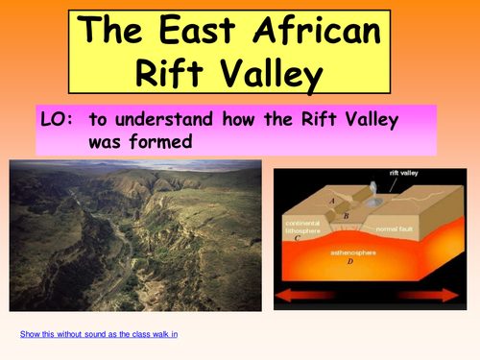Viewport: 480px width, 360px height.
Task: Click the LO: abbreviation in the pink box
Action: (57, 121)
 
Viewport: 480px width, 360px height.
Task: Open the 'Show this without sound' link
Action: (99, 333)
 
